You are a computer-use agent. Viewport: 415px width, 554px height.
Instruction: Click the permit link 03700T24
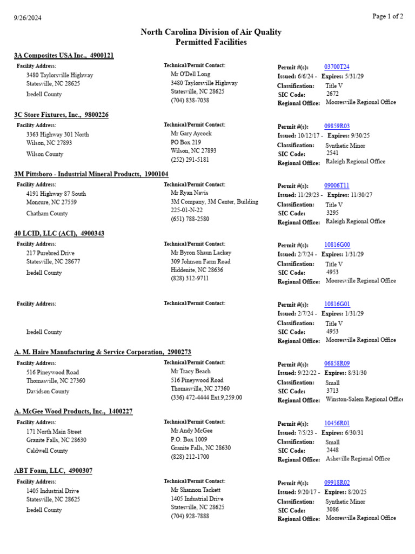point(337,67)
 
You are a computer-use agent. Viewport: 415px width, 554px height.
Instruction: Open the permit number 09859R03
point(337,127)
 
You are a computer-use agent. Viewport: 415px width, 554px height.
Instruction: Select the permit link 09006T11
point(337,186)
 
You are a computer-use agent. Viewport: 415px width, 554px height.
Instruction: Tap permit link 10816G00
point(337,245)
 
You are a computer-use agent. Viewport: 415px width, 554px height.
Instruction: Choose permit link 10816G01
point(337,305)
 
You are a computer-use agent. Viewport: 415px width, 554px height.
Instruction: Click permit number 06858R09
point(337,364)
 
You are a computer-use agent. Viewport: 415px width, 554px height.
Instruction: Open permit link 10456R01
point(337,423)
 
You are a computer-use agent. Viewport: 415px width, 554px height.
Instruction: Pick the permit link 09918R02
point(337,483)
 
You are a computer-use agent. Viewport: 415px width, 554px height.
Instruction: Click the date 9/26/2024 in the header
point(28,17)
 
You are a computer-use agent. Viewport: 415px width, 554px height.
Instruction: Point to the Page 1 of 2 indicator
point(387,16)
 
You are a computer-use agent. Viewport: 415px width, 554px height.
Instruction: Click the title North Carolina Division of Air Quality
point(211,32)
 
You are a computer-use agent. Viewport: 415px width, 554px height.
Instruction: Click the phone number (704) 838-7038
point(190,101)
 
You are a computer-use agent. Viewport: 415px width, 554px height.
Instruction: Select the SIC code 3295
point(333,213)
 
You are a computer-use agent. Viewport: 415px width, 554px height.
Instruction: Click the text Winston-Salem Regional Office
point(364,399)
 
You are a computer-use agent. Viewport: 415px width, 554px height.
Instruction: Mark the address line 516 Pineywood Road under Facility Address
point(52,372)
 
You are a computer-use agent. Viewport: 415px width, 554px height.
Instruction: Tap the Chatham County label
point(47,214)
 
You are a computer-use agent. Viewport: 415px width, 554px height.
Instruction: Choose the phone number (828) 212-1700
point(190,457)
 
